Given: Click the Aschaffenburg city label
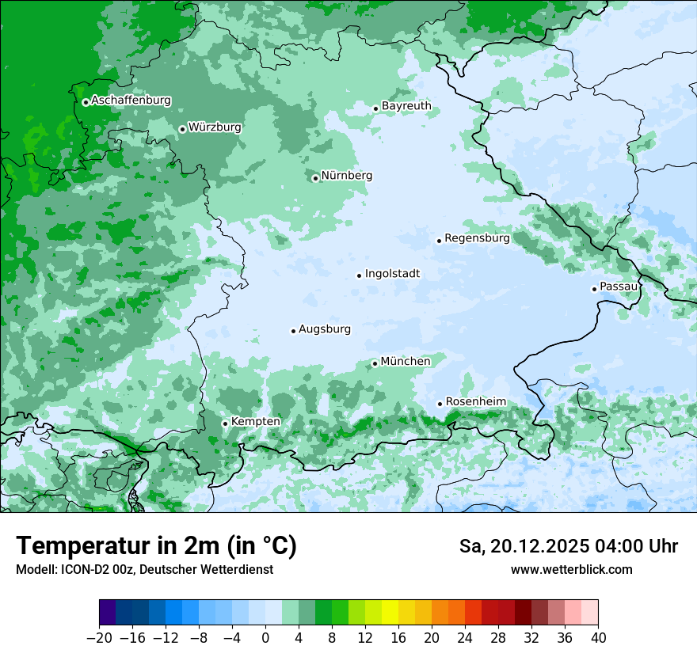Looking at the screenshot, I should pyautogui.click(x=131, y=101).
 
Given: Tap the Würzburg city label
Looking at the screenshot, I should pyautogui.click(x=215, y=127).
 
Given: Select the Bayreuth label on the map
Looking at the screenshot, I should pyautogui.click(x=406, y=105).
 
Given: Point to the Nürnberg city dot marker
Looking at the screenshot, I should pyautogui.click(x=315, y=178).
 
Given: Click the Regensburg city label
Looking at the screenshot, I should pyautogui.click(x=477, y=237).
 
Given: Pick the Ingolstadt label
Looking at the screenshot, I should pyautogui.click(x=392, y=274).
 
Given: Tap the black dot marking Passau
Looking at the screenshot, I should pyautogui.click(x=594, y=289).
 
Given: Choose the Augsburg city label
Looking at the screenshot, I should pyautogui.click(x=325, y=329).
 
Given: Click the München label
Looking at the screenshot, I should pyautogui.click(x=406, y=361).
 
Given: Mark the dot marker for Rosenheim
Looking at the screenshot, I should pyautogui.click(x=440, y=404).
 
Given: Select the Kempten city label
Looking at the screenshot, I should pyautogui.click(x=255, y=421).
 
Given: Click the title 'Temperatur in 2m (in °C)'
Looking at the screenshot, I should pyautogui.click(x=156, y=546).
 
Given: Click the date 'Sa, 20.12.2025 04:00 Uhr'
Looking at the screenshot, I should pyautogui.click(x=568, y=546).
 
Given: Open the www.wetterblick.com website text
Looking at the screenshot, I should pyautogui.click(x=571, y=570).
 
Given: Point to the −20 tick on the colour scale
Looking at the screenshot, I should pyautogui.click(x=99, y=638).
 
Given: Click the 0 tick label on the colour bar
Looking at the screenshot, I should pyautogui.click(x=265, y=638).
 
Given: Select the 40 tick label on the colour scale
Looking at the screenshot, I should pyautogui.click(x=598, y=638).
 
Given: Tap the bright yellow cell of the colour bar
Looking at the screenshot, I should pyautogui.click(x=390, y=613).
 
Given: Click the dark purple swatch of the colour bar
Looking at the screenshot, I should pyautogui.click(x=107, y=613).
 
